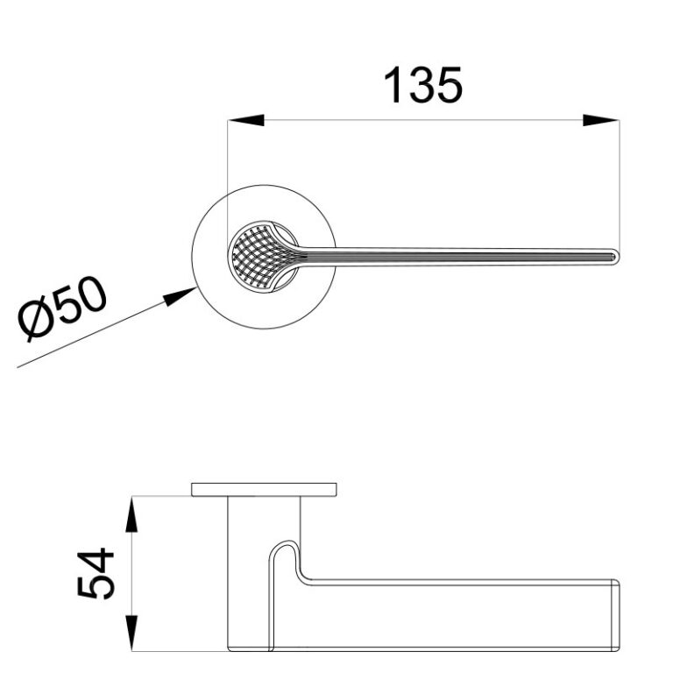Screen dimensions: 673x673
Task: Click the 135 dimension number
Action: tap(423, 85)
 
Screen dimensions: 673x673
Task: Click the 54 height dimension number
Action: tap(96, 572)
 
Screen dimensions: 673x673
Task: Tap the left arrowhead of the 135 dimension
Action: tap(245, 120)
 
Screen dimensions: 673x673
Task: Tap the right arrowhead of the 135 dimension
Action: tap(601, 120)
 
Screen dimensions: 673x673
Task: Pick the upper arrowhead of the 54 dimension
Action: tap(132, 514)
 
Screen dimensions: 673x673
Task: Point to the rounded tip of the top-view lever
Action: tap(616, 257)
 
